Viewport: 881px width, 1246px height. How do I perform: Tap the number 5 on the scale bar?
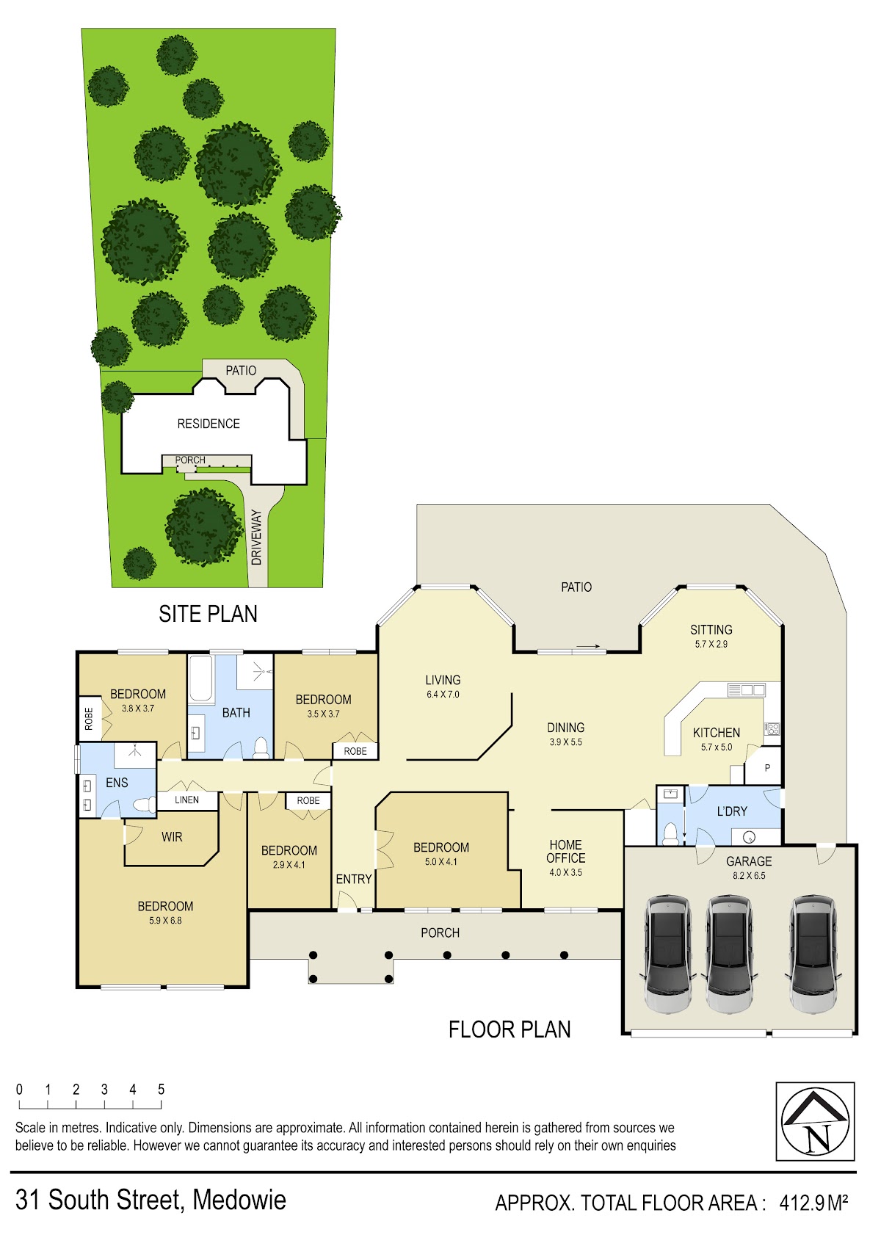coord(162,1089)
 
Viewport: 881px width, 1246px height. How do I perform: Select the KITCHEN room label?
coord(717,734)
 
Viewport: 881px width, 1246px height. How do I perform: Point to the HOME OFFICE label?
coord(565,852)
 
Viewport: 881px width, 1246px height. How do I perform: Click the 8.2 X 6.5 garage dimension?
coord(749,875)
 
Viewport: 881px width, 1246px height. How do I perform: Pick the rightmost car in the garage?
coord(813,955)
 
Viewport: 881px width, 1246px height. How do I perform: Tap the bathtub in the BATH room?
coord(200,678)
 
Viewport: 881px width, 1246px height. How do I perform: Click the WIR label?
coord(172,837)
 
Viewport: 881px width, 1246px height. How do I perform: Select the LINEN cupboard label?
coord(187,800)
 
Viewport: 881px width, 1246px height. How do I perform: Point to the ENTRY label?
coord(354,879)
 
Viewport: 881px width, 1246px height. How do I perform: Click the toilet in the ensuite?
coord(144,804)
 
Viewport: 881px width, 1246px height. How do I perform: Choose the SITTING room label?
coord(711,630)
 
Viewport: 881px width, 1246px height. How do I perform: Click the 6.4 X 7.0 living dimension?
coord(443,694)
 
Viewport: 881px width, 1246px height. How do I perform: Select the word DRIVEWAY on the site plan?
coord(256,537)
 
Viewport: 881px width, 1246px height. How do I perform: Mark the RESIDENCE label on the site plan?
coord(209,424)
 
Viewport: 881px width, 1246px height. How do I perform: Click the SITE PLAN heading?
coord(208,614)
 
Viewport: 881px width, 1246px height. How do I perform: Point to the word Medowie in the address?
coord(239,1200)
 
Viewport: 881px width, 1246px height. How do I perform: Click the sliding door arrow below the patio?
coord(588,646)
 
